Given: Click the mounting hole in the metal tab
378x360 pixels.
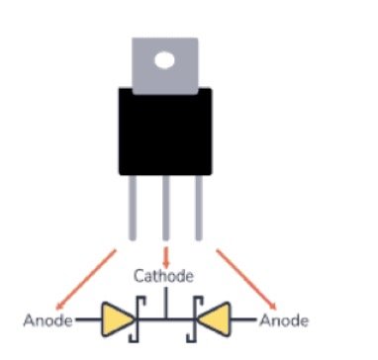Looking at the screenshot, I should pyautogui.click(x=164, y=60).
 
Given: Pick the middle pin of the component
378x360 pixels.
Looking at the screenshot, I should pyautogui.click(x=166, y=207).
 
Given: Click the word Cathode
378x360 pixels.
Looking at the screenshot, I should pyautogui.click(x=163, y=275).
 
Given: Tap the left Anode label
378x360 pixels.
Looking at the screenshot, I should pyautogui.click(x=46, y=319).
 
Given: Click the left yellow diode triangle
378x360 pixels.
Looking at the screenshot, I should pyautogui.click(x=118, y=318).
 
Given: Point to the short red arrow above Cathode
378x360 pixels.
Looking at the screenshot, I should pyautogui.click(x=166, y=255).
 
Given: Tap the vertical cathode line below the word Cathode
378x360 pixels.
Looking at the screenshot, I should pyautogui.click(x=166, y=302).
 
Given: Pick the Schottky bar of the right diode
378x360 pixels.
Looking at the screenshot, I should pyautogui.click(x=192, y=318).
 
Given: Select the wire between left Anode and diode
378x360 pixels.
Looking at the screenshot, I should pyautogui.click(x=86, y=319).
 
